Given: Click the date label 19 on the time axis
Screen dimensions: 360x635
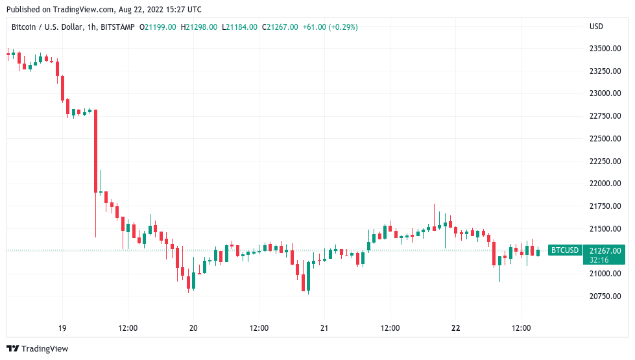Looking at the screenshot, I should (62, 328).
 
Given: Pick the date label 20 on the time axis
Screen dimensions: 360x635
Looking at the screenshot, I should (193, 328).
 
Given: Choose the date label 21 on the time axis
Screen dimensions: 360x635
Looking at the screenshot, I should (324, 328).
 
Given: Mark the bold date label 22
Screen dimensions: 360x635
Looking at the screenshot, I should (455, 328).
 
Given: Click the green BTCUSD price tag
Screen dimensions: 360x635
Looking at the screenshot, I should (564, 250).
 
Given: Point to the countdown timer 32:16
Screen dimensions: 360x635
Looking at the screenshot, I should (599, 259).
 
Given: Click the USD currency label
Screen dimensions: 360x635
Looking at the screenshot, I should (596, 27).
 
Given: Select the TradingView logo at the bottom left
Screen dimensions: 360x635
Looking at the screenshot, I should (37, 349).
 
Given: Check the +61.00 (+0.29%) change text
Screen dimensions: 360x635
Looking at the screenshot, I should (330, 27).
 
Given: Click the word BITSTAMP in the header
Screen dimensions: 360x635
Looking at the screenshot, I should (117, 27).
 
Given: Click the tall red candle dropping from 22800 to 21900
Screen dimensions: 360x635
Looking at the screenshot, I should (95, 151).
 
